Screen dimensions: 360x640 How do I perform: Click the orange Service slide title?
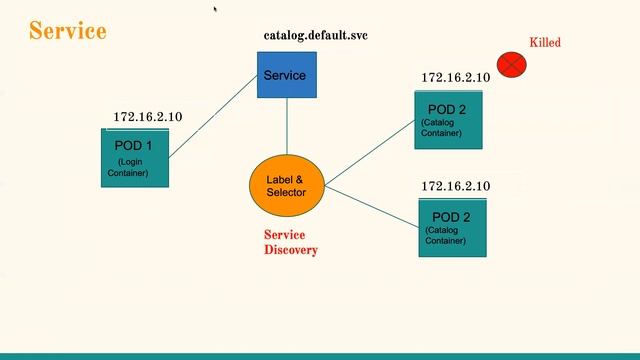pos(68,31)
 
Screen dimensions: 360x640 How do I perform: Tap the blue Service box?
pos(286,75)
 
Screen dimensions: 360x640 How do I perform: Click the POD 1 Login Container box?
pos(135,157)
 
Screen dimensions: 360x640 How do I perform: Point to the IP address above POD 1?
pos(148,117)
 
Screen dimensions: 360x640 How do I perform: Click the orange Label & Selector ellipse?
pos(287,186)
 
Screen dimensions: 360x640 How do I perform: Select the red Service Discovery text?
pos(290,242)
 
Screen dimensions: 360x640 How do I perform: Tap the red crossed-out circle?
pos(512,66)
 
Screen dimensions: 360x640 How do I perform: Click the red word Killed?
pos(545,42)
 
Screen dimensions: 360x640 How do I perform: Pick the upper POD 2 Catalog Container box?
pos(448,120)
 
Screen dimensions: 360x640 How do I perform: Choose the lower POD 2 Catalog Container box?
pos(451,227)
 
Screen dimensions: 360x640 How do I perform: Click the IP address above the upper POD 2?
pos(455,77)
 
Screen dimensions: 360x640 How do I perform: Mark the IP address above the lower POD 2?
pos(455,186)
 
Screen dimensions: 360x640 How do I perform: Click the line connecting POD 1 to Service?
pos(213,115)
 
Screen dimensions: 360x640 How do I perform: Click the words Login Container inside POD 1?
pos(129,167)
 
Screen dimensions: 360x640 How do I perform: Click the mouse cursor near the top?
pos(215,9)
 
